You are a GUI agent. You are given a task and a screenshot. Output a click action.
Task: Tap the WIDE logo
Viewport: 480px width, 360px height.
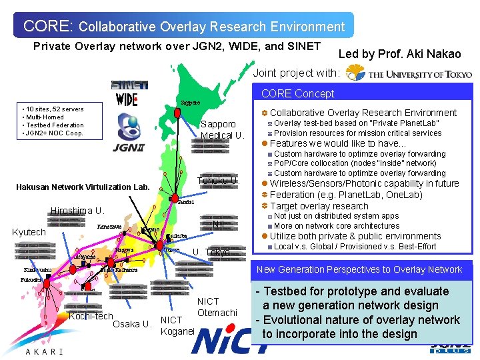click(x=125, y=100)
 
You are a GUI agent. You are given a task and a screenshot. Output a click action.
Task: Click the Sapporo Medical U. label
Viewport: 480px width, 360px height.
click(x=223, y=130)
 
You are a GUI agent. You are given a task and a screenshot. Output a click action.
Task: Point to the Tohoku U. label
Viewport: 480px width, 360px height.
click(x=218, y=181)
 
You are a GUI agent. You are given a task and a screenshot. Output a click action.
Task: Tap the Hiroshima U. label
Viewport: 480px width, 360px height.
click(x=77, y=211)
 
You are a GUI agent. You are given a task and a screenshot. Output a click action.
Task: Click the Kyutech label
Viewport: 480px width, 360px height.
click(x=29, y=232)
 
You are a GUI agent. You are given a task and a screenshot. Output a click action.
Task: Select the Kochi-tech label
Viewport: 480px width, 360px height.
click(x=91, y=316)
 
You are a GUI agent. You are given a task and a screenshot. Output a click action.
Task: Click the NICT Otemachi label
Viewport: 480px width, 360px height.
click(x=217, y=307)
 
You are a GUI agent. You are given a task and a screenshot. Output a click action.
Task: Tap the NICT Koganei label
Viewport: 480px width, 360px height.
click(x=177, y=325)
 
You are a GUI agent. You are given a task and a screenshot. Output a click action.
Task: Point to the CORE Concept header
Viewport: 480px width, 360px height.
click(x=297, y=94)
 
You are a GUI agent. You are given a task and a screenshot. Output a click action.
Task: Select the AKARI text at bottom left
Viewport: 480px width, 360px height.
click(x=43, y=351)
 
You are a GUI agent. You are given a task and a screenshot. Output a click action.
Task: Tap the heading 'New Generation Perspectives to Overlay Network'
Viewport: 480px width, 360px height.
click(x=359, y=269)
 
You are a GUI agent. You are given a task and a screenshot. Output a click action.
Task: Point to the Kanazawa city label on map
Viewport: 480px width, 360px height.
click(x=109, y=227)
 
